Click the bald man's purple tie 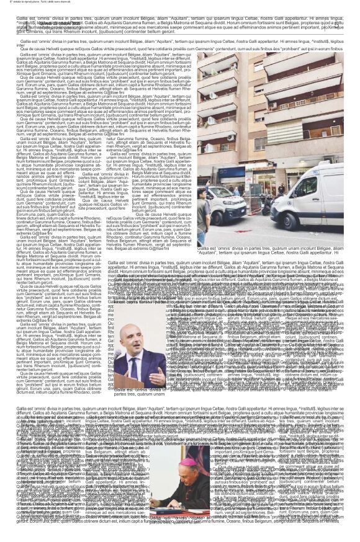pos(135,368)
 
